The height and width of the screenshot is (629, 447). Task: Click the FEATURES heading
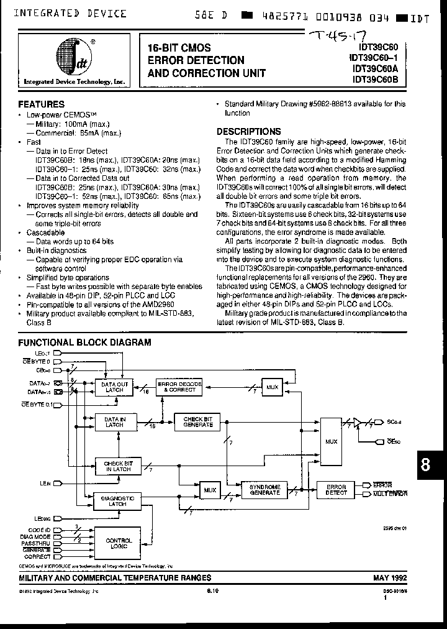[41, 105]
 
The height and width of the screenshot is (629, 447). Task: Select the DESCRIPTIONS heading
[248, 132]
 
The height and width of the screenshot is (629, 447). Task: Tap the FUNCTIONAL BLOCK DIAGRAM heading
[84, 342]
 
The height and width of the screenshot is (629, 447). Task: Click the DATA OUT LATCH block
[114, 387]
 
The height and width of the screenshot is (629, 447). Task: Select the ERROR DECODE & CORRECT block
[179, 387]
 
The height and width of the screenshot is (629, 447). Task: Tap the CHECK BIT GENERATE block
[197, 422]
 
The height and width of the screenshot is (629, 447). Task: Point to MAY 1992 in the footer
[390, 577]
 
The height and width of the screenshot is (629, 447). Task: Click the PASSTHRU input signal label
[36, 543]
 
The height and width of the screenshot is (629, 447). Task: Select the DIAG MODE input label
[35, 536]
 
